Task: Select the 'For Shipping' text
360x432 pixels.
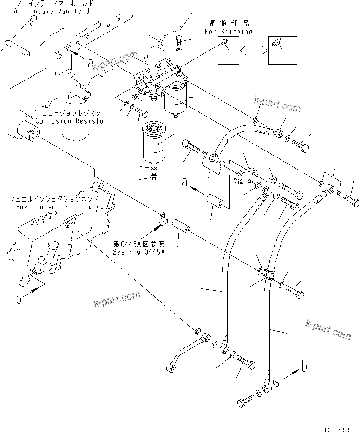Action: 229,32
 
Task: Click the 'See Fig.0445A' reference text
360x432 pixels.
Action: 139,252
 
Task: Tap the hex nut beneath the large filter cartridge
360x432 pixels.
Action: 154,176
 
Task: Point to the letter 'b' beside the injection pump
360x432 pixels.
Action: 19,299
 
